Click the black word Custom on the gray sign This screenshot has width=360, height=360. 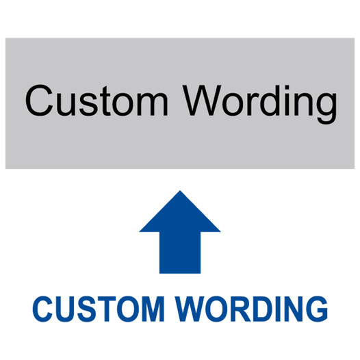click(97, 101)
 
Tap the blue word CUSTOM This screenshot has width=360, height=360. click(99, 309)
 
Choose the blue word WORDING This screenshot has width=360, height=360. click(251, 309)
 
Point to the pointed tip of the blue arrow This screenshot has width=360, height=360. click(180, 191)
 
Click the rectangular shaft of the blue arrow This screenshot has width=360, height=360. click(180, 253)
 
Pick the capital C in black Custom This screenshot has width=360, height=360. click(39, 101)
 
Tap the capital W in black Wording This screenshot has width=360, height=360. click(202, 101)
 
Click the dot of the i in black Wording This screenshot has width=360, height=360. click(287, 87)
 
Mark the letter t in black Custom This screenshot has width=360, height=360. click(105, 101)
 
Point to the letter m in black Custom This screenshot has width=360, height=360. click(153, 104)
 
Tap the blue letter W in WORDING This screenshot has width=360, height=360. click(190, 309)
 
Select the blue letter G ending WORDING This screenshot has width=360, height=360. click(316, 309)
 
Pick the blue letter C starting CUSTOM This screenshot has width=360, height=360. click(43, 309)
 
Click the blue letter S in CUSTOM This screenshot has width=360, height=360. click(86, 309)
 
